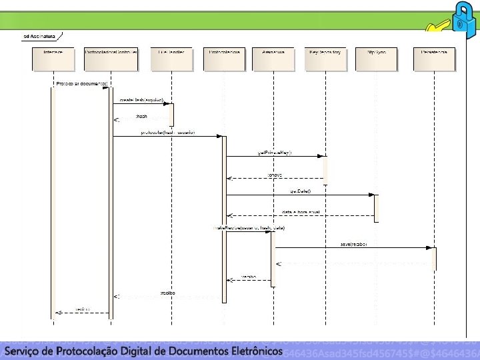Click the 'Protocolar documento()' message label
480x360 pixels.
point(77,84)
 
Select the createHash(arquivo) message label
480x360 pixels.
point(141,100)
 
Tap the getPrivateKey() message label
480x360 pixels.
point(275,153)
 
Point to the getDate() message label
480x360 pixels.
point(300,191)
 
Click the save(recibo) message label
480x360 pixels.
point(353,243)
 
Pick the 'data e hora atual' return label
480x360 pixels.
point(301,212)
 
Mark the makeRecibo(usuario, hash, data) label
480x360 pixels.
point(249,228)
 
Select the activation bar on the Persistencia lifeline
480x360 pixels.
point(434,259)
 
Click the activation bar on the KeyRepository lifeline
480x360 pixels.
point(326,169)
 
